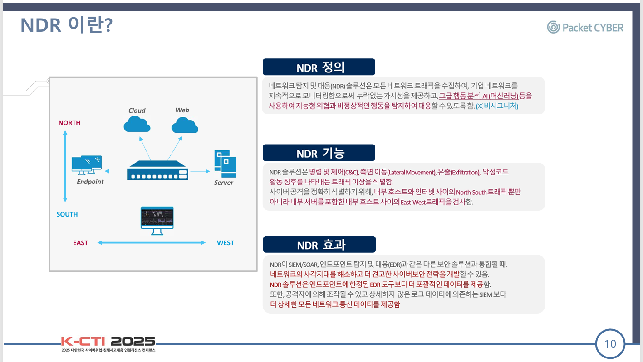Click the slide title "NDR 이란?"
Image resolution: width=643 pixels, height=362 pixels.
pyautogui.click(x=66, y=25)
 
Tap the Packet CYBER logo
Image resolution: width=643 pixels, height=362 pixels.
pyautogui.click(x=585, y=28)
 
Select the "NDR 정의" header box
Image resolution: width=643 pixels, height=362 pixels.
pyautogui.click(x=319, y=67)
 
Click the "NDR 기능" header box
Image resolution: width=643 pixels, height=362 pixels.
pyautogui.click(x=319, y=153)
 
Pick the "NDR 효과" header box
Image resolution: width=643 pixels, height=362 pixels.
pyautogui.click(x=319, y=245)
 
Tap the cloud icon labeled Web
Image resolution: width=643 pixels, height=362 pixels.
pyautogui.click(x=185, y=125)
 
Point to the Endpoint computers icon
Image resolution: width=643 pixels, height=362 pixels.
pyautogui.click(x=87, y=165)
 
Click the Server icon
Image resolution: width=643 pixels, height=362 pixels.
pyautogui.click(x=225, y=164)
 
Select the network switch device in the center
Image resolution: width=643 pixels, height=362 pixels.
pyautogui.click(x=157, y=171)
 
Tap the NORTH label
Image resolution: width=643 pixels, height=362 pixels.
pyautogui.click(x=69, y=123)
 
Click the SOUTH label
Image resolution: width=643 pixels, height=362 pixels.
pyautogui.click(x=67, y=214)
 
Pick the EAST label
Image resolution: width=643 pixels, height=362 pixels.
pyautogui.click(x=80, y=243)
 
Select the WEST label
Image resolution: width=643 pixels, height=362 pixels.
pyautogui.click(x=225, y=243)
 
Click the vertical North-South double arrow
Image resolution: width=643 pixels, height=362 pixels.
pyautogui.click(x=65, y=166)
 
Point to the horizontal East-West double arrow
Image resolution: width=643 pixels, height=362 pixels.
pyautogui.click(x=152, y=243)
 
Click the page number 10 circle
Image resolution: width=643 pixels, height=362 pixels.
pyautogui.click(x=610, y=344)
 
